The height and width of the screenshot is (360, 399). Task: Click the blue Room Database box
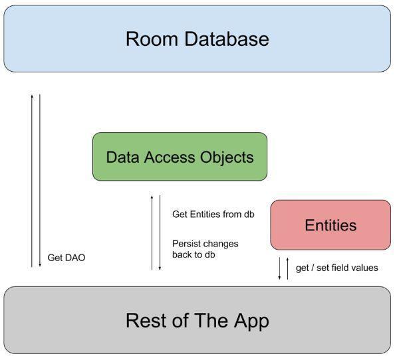(197, 39)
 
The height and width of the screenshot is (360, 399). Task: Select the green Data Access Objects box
(180, 157)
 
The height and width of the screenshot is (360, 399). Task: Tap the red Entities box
(331, 225)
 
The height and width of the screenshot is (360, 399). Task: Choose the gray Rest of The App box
(197, 321)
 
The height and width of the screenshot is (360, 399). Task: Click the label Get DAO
(66, 258)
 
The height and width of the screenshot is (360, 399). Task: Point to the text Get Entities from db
(213, 214)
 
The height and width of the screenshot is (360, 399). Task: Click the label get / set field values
(336, 268)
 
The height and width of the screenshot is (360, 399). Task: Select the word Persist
(187, 244)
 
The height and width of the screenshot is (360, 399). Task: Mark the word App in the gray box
(248, 321)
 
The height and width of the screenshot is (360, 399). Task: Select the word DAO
(75, 258)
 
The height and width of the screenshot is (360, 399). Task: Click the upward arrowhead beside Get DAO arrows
(32, 96)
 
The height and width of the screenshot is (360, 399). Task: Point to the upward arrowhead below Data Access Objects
(152, 197)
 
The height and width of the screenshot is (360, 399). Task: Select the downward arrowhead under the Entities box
(280, 278)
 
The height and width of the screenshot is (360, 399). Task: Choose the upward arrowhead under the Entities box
(287, 259)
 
